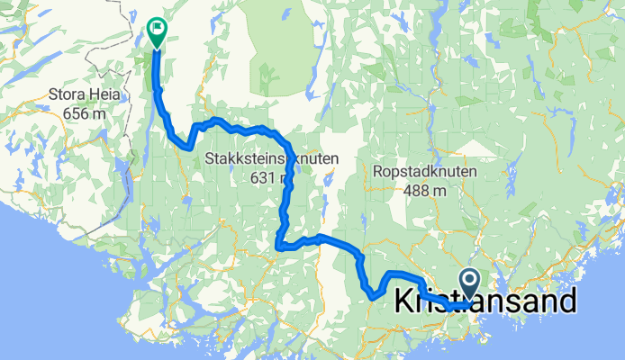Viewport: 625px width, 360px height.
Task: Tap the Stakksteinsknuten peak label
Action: click(271, 160)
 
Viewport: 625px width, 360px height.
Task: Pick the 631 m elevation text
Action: click(271, 177)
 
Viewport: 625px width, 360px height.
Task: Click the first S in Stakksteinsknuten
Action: click(208, 160)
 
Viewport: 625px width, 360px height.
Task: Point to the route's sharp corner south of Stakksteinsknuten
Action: click(279, 244)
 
